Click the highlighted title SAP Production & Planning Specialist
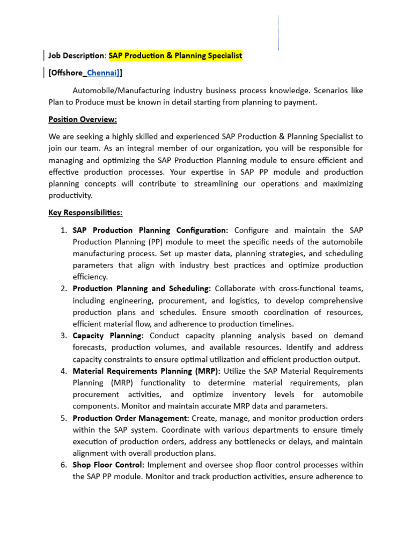[x=175, y=55]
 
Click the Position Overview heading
[x=83, y=119]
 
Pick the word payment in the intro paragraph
[x=302, y=102]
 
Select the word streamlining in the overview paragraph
[x=224, y=184]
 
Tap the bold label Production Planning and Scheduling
[x=142, y=289]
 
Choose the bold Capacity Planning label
[x=108, y=336]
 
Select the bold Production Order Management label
[x=131, y=418]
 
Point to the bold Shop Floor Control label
[x=108, y=465]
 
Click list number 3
[x=62, y=336]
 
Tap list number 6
[x=62, y=465]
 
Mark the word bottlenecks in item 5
[x=252, y=442]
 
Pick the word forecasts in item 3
[x=90, y=347]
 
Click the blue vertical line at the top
[x=278, y=32]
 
